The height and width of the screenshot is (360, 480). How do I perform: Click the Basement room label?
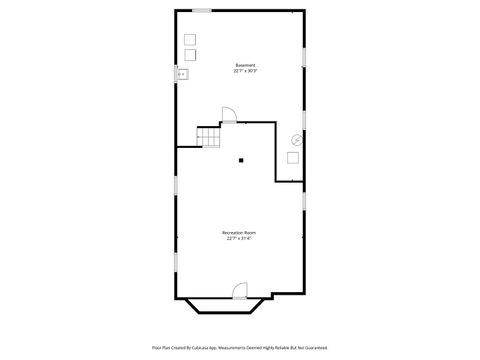tap(245, 66)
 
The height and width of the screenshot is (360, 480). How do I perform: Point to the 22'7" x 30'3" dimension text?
tap(245, 72)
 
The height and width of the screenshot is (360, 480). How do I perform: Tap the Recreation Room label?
tap(240, 233)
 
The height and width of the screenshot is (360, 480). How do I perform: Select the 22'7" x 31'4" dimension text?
tap(240, 239)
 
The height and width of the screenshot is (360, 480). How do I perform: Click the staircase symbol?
tap(209, 136)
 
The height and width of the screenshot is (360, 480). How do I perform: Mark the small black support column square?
tap(240, 159)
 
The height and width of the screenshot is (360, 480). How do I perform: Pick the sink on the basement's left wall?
tap(182, 73)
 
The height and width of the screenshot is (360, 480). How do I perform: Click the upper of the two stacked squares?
tap(190, 39)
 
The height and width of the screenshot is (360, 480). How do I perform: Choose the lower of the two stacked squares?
tap(190, 53)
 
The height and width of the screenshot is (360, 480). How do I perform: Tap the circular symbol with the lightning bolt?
tap(295, 140)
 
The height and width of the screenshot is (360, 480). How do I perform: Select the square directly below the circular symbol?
tap(294, 157)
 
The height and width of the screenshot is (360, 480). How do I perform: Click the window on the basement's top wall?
tap(202, 11)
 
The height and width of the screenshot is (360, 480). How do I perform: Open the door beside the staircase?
tap(229, 117)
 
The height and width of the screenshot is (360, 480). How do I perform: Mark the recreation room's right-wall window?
tap(304, 200)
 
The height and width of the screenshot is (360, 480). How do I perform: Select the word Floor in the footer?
tap(156, 348)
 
